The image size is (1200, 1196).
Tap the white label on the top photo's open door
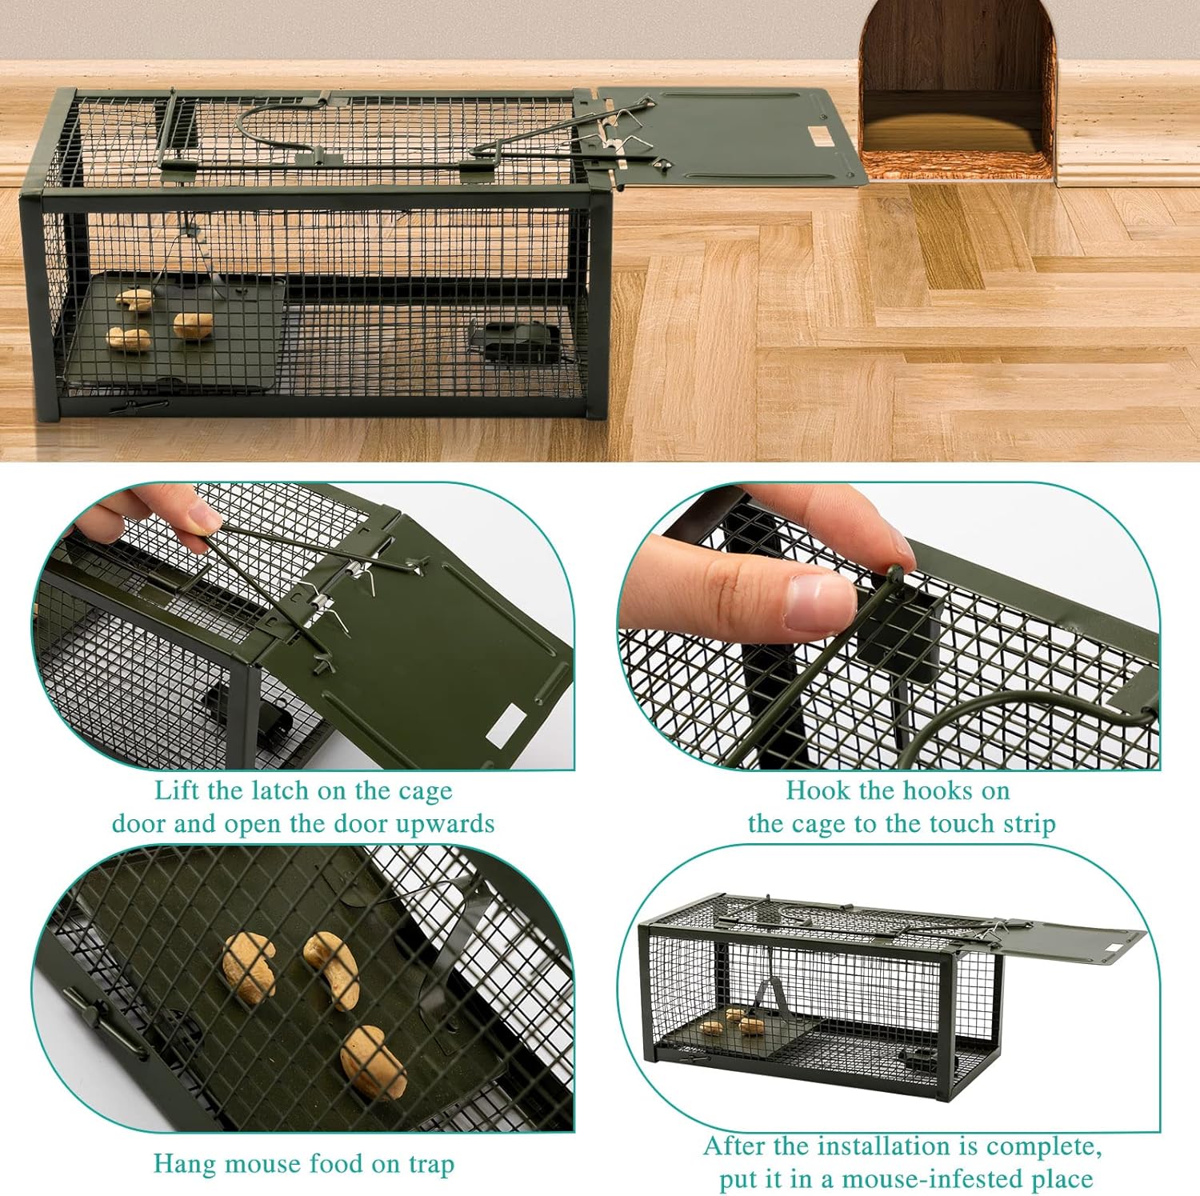tap(820, 137)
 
